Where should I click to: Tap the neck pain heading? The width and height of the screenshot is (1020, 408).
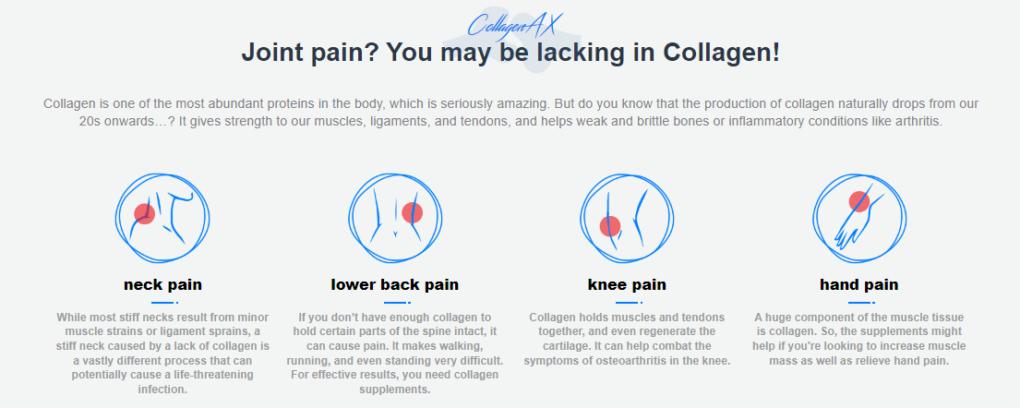coord(162,284)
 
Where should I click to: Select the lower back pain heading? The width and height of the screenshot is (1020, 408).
coord(394,284)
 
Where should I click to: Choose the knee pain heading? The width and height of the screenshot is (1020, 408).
coord(627,284)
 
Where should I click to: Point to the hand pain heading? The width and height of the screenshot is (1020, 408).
coord(858,284)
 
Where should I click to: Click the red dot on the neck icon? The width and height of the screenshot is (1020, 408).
coord(144,214)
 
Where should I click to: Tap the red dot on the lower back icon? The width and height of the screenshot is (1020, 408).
coord(412,213)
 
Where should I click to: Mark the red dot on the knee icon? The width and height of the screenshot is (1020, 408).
coord(610,225)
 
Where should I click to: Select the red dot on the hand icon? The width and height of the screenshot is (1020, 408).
coord(859,200)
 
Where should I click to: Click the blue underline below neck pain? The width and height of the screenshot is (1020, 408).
coord(162,302)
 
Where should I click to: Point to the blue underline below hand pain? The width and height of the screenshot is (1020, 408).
coord(858,302)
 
